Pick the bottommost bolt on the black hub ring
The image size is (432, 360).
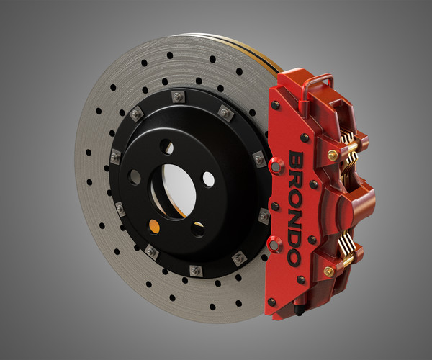coord(194,270)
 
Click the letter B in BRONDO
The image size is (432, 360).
coord(295,159)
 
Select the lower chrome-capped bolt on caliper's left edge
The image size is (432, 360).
coord(274,245)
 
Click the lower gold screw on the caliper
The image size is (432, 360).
coord(329,271)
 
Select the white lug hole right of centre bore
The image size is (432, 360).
coord(208,178)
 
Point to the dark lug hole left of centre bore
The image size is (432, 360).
coord(135,176)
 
